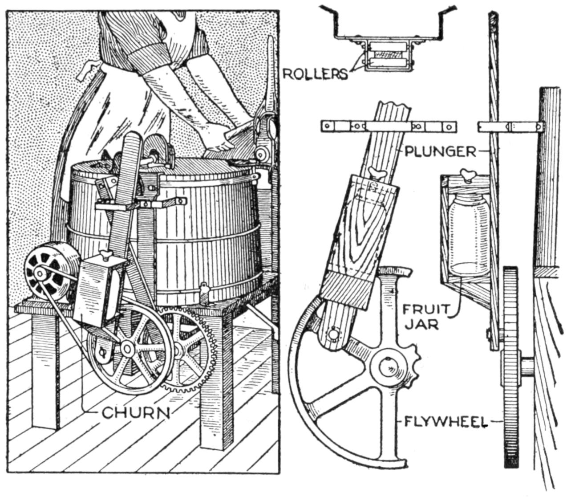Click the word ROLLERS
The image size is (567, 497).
point(315,74)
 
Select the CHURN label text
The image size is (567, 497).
point(136,413)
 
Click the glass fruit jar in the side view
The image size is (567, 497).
point(468,238)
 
